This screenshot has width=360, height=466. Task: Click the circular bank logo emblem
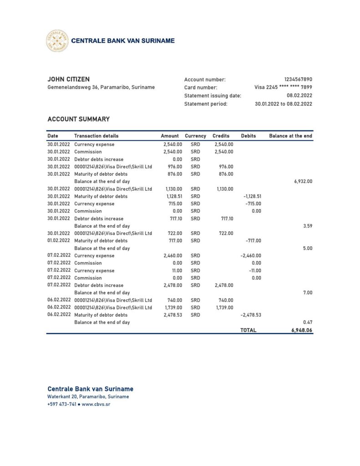point(57,41)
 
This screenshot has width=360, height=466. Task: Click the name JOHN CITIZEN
point(68,79)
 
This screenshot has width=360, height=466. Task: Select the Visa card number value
point(283,87)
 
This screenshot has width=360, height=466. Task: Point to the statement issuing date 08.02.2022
point(299,96)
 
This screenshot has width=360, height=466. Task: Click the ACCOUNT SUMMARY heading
point(78,119)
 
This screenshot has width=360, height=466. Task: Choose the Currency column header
point(195,136)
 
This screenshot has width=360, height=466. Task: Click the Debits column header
point(248,136)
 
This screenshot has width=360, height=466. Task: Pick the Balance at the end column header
point(290,136)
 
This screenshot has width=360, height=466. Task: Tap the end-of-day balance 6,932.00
point(303,181)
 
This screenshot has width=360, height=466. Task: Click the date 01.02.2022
point(59,241)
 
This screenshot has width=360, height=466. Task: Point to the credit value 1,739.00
point(223,308)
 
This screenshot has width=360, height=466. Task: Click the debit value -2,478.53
point(251,315)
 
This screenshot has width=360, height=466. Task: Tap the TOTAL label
point(248,330)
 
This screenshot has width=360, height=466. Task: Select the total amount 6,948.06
point(302,330)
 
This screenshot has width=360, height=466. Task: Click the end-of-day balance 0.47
point(308,322)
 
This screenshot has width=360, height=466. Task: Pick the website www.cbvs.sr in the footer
point(96,404)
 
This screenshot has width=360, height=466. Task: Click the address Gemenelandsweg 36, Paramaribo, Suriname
point(101,87)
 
